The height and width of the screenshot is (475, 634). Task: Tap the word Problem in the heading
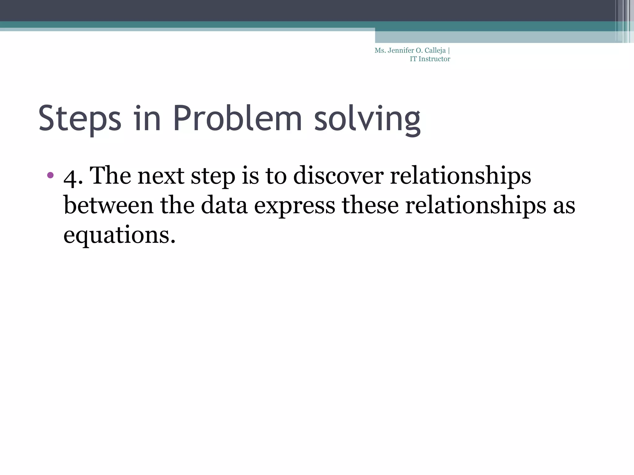tap(237, 118)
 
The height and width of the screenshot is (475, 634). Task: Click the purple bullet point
tap(50, 175)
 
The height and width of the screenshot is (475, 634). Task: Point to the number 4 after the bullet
tap(70, 177)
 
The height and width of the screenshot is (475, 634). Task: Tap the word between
tap(108, 205)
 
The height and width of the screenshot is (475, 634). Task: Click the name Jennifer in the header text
tap(401, 50)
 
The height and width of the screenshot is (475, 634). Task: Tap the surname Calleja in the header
tap(435, 51)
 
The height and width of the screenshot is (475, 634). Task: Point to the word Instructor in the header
tap(434, 59)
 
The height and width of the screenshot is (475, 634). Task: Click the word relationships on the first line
tap(460, 175)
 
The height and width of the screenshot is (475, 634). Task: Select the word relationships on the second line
tap(475, 205)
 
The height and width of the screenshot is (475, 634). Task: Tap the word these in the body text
tap(370, 205)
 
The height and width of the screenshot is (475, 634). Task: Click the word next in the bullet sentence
tap(161, 176)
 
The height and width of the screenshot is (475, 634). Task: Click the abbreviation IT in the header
tap(413, 59)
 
